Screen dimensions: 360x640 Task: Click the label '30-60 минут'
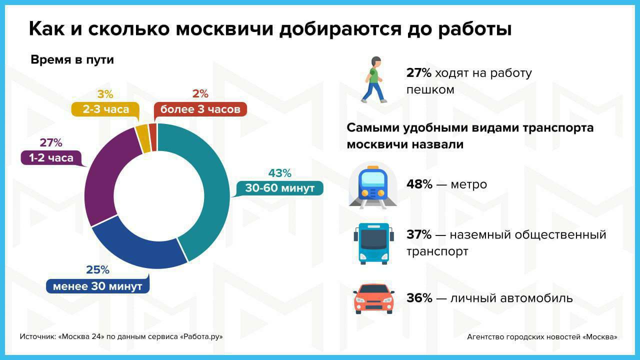coord(279,188)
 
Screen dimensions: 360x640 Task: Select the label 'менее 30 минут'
coord(97,286)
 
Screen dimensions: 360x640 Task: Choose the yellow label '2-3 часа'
coord(105,109)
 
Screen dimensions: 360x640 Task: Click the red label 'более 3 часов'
coord(200,109)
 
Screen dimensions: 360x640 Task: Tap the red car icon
coord(373,298)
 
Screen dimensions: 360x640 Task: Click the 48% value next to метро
coord(419,184)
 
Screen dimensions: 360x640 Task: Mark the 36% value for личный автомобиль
coord(419,298)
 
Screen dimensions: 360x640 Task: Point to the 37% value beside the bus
coord(419,234)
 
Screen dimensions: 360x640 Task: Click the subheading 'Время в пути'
coord(72,60)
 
